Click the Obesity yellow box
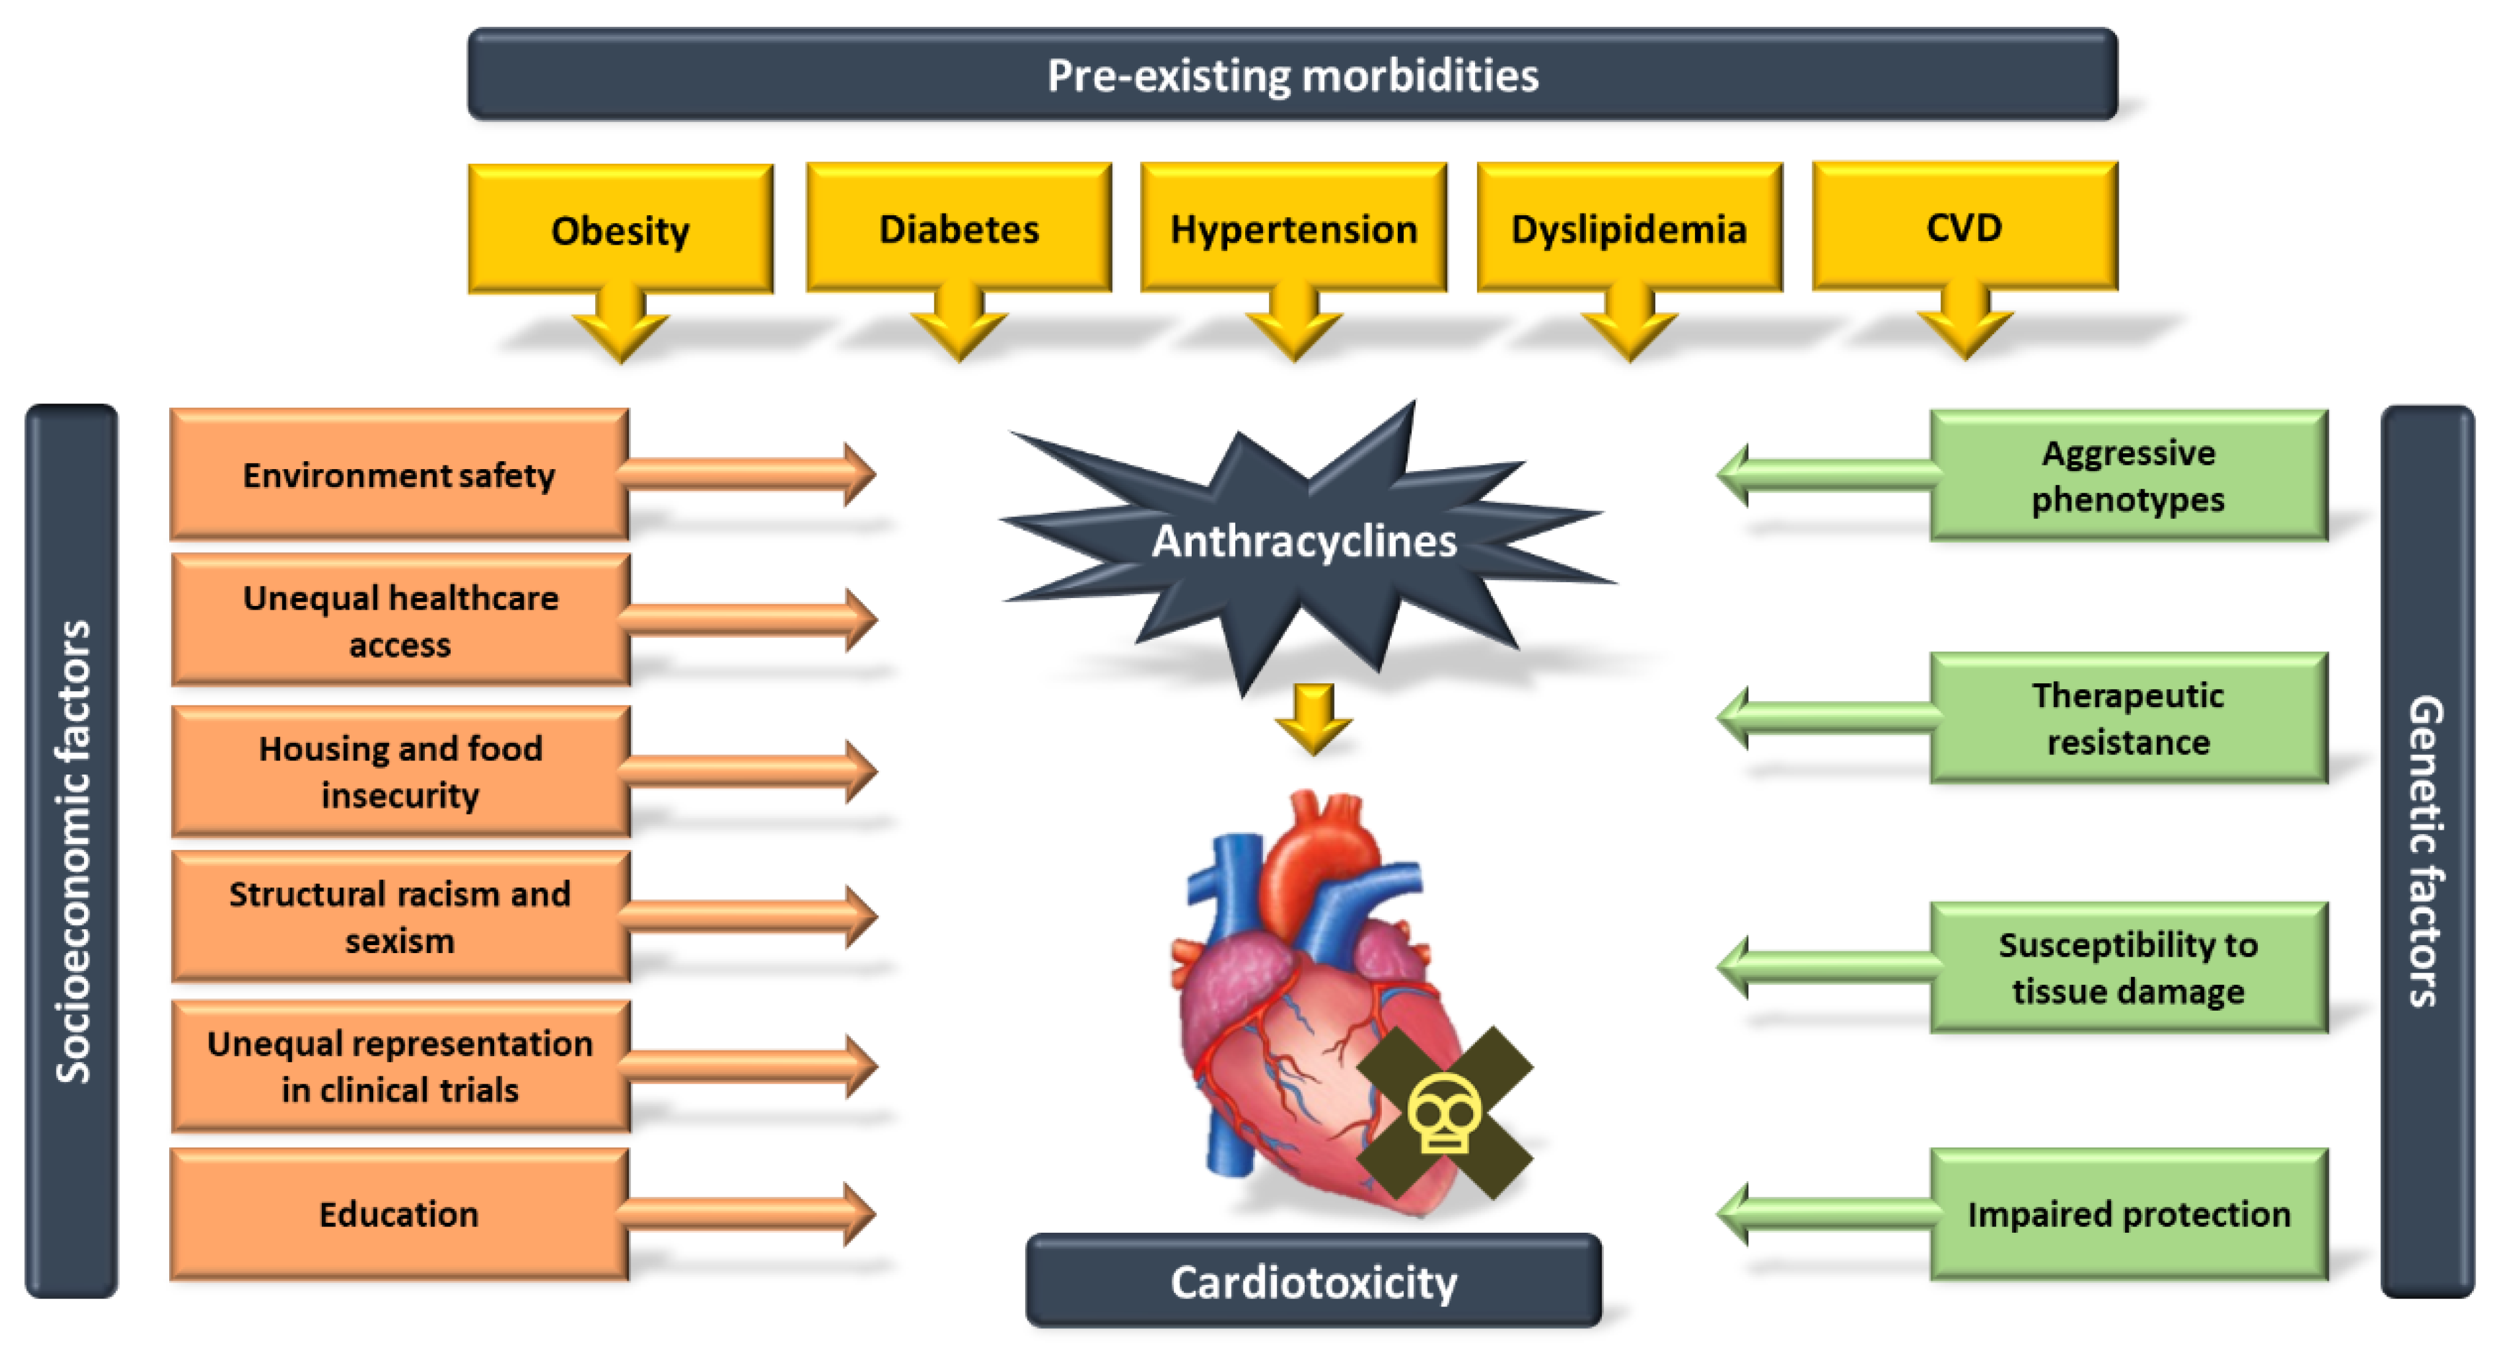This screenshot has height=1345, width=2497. click(620, 230)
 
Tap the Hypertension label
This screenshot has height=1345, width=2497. click(1293, 229)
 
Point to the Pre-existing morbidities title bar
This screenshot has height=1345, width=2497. click(1292, 75)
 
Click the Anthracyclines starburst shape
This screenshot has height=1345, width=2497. click(1304, 540)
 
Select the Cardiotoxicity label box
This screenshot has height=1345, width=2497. click(1313, 1281)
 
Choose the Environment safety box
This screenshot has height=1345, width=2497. click(398, 474)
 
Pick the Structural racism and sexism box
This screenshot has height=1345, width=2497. click(399, 916)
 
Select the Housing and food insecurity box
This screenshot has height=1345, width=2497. click(399, 771)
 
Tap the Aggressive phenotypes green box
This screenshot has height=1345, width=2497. click(2128, 475)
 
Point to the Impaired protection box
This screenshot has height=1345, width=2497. click(2128, 1213)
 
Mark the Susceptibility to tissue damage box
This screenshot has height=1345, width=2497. click(2128, 967)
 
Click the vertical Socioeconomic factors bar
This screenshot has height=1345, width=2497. click(72, 851)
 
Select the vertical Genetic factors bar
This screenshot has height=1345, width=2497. click(2426, 851)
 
